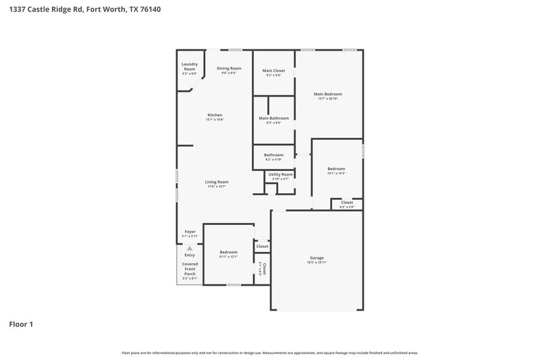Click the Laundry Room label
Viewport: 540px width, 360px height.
click(x=189, y=67)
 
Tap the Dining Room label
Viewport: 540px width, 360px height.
click(x=229, y=68)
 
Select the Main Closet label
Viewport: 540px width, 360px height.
click(x=273, y=70)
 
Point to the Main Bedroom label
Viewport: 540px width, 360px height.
click(x=327, y=94)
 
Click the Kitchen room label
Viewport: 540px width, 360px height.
click(x=215, y=115)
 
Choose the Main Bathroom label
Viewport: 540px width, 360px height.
click(x=273, y=118)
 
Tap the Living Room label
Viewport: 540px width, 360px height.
click(x=217, y=181)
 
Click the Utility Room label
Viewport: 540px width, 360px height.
click(x=280, y=174)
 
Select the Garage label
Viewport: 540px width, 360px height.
click(x=317, y=257)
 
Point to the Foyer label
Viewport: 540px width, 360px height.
click(x=190, y=232)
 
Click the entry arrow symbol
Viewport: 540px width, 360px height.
click(x=190, y=249)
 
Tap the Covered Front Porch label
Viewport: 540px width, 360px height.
click(x=190, y=268)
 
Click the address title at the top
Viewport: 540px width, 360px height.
click(x=85, y=10)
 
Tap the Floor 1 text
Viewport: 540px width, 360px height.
click(x=20, y=324)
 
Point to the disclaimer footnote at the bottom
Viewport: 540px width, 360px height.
click(x=269, y=353)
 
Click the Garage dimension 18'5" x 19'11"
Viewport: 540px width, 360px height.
click(x=317, y=262)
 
